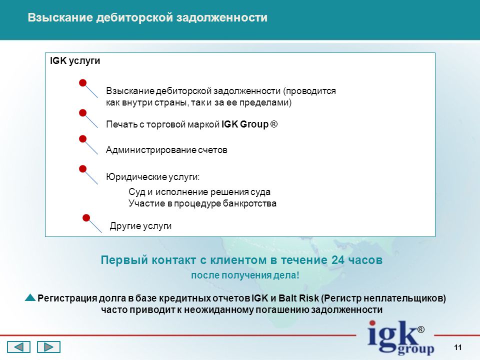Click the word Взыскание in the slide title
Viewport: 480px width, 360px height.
[60, 17]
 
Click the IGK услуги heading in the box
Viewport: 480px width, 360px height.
[75, 60]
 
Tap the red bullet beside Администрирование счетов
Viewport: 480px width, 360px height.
[82, 139]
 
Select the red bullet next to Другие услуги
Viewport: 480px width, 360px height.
[86, 217]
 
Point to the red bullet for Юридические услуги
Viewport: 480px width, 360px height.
[82, 168]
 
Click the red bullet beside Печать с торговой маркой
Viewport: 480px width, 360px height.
[82, 113]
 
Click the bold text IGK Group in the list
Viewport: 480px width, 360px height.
[245, 124]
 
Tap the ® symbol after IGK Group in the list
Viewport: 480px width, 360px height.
[274, 124]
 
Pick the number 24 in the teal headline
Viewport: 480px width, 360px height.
[338, 260]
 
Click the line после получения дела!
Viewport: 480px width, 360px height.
[245, 275]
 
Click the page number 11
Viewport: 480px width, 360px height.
[458, 347]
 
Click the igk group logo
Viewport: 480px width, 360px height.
[396, 337]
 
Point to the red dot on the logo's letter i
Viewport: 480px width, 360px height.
[372, 323]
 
